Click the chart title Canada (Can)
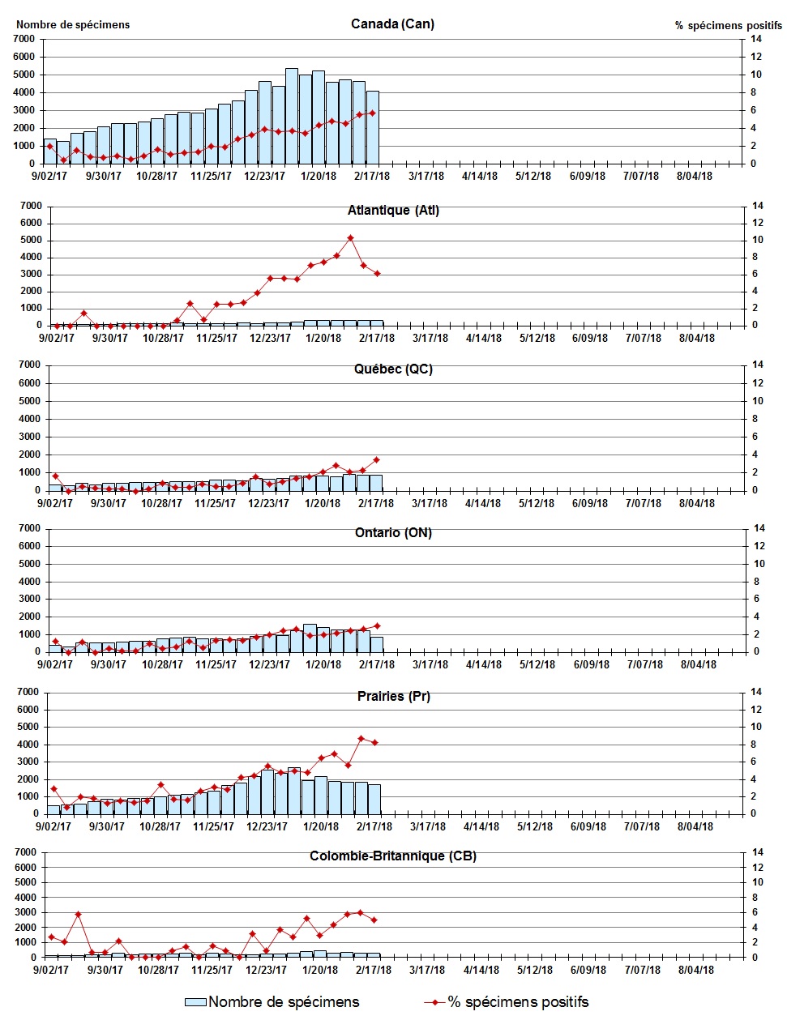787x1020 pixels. pos(392,23)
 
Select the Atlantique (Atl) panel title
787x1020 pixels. pos(393,210)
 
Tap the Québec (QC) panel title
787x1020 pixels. pos(393,369)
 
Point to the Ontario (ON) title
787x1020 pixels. pos(393,532)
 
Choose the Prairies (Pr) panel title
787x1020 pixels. pos(393,696)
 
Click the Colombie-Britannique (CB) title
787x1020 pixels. pos(393,856)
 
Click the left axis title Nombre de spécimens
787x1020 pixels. pos(73,24)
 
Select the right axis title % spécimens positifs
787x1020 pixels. pos(728,25)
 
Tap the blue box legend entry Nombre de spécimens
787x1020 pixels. pos(272,1002)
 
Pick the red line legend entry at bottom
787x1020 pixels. pos(507,1002)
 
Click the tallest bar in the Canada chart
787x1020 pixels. pos(292,116)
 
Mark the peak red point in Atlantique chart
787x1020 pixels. pos(350,238)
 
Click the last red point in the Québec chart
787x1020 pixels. pos(376,459)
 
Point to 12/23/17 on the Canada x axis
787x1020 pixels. pos(265,176)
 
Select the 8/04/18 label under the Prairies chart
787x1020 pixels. pos(695,826)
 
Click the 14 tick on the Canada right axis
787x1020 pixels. pos(755,39)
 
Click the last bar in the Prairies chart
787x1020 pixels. pos(374,799)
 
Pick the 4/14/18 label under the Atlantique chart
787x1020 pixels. pos(483,338)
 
